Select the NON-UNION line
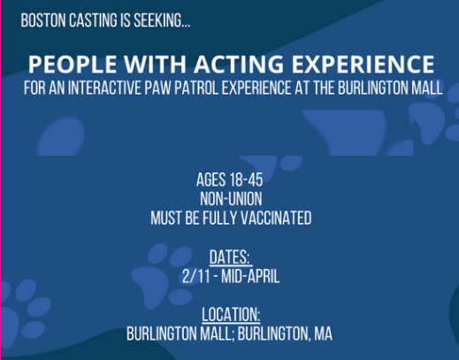coord(229,199)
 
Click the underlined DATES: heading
coord(230,257)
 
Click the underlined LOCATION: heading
coord(230,315)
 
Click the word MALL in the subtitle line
coord(425,88)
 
